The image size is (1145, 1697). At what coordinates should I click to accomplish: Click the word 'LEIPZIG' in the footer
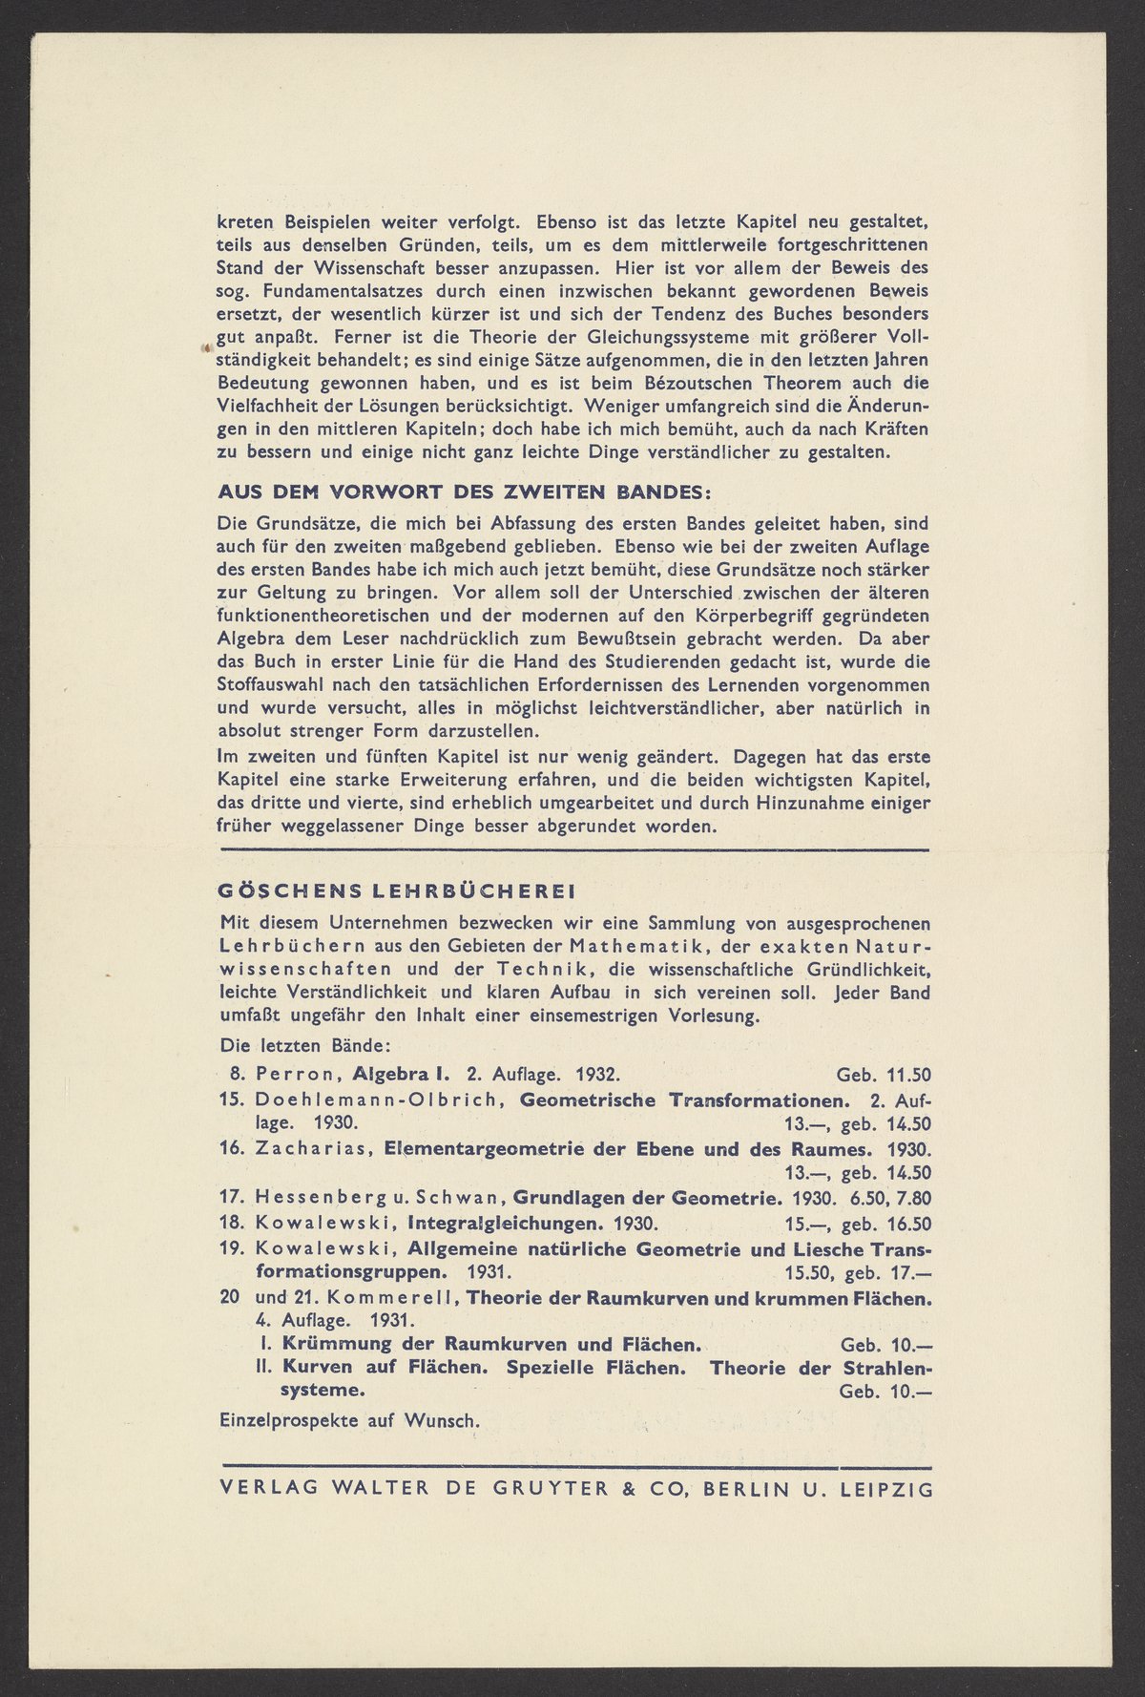[x=886, y=1488]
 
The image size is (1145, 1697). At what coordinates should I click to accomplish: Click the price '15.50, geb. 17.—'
[x=857, y=1273]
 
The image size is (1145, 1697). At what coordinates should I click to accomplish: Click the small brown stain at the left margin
[x=204, y=349]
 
